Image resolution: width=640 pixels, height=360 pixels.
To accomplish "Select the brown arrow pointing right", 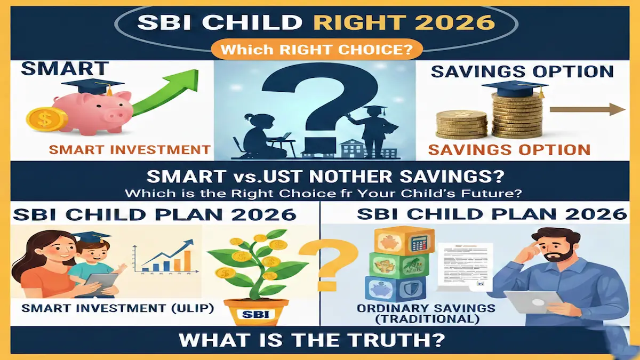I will (587, 110).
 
